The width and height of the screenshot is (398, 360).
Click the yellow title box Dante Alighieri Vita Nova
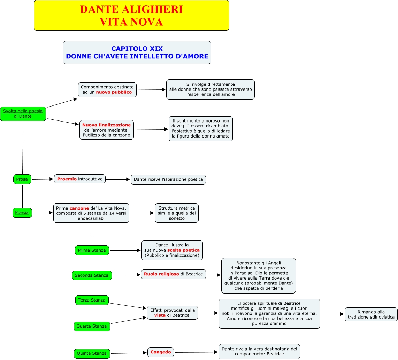click(x=131, y=15)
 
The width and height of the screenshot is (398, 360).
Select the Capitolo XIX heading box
click(x=137, y=53)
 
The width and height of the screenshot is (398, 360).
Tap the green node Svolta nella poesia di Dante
click(x=23, y=114)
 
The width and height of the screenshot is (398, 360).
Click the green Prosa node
click(x=22, y=179)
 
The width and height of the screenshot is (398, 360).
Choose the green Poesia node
click(x=22, y=212)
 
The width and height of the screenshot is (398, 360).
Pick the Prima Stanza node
click(x=92, y=250)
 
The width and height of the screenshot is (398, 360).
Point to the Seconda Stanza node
click(x=92, y=275)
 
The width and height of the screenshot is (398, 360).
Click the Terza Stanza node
click(x=92, y=300)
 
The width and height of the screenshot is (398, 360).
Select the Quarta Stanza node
click(x=92, y=326)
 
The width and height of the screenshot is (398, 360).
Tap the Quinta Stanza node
click(x=92, y=353)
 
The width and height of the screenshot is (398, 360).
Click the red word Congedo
click(x=161, y=352)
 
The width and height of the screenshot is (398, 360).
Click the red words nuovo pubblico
click(x=114, y=92)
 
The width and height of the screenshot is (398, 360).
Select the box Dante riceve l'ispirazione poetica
click(x=168, y=180)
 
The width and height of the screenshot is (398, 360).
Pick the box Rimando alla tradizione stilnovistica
click(x=371, y=314)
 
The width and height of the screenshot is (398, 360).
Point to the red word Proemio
click(x=67, y=179)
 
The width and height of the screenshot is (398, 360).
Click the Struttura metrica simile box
click(x=177, y=213)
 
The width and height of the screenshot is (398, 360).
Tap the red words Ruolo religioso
click(x=161, y=274)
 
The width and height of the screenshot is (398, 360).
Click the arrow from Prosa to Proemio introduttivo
click(x=43, y=179)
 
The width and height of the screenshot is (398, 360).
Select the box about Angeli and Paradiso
click(x=258, y=276)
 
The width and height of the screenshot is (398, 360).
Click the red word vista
click(x=160, y=315)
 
